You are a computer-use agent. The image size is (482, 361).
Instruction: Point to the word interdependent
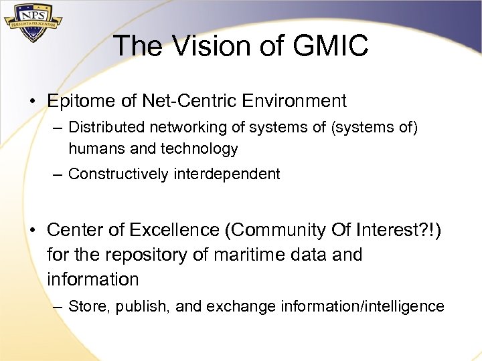pyautogui.click(x=227, y=174)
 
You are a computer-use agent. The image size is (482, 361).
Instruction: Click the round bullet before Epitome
pyautogui.click(x=32, y=102)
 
